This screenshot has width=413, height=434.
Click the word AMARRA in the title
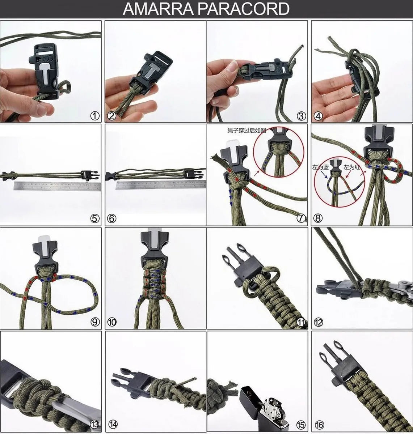click(158, 9)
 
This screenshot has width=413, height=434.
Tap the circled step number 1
click(94, 116)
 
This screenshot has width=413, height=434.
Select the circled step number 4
click(318, 116)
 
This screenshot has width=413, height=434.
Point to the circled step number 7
click(301, 218)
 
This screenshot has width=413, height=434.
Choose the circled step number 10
click(112, 322)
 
